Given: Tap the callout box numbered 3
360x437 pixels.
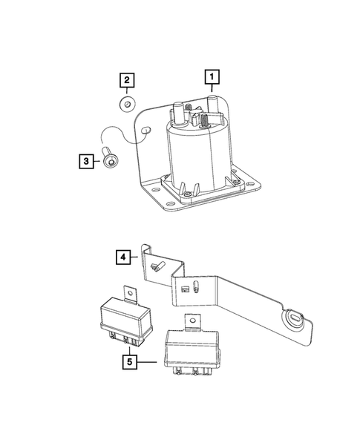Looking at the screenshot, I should [x=86, y=161].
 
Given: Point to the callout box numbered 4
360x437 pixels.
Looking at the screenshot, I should [x=123, y=258].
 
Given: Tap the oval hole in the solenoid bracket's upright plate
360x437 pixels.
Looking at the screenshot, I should [x=146, y=131].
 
